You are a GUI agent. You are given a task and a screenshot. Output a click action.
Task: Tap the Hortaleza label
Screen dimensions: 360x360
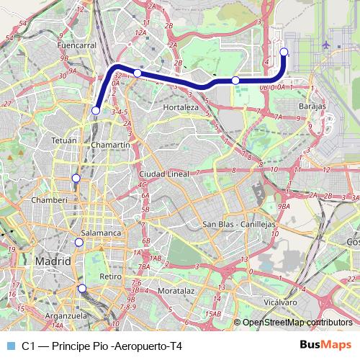coord(181,107)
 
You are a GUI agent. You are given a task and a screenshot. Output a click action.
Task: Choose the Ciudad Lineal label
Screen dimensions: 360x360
coord(164,174)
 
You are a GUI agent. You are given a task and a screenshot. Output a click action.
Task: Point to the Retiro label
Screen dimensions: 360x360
coord(110,276)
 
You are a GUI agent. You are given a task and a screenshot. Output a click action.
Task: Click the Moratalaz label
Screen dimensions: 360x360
coord(176,292)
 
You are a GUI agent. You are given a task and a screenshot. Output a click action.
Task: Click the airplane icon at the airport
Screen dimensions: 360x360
coord(328,45)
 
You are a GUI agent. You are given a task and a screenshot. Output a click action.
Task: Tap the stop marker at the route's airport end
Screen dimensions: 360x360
coord(284,51)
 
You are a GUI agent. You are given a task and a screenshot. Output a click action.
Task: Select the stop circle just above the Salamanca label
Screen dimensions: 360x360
coord(79,242)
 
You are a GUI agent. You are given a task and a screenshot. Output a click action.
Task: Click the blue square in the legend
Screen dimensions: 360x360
coord(10,346)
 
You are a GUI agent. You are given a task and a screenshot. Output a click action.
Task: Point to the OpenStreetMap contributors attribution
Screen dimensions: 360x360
coord(298,322)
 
